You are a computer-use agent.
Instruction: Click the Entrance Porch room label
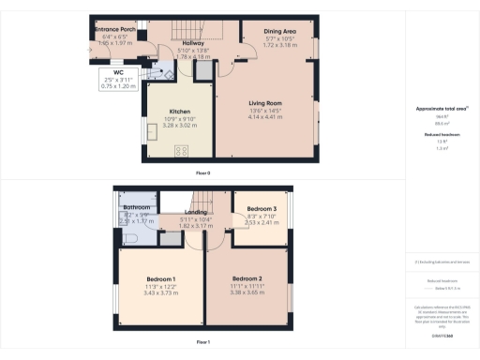116,30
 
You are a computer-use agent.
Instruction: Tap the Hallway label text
192,43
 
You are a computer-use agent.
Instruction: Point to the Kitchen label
179,112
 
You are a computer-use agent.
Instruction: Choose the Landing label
195,198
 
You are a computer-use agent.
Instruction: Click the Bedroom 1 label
161,279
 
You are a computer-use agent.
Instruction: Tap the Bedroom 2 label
247,278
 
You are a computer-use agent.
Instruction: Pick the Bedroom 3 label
262,207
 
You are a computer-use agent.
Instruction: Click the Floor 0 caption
202,173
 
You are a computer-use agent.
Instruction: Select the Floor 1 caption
202,343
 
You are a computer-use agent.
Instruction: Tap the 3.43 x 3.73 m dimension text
161,293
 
